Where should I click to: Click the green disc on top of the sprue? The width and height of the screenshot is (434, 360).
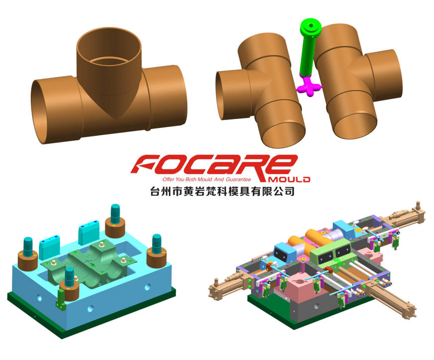[311, 25]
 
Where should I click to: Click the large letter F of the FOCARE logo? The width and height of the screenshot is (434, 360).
[149, 164]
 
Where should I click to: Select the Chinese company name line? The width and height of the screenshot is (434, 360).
[218, 191]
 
